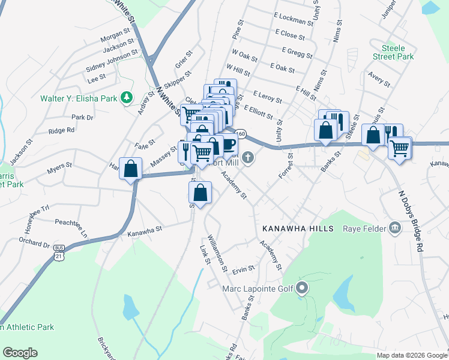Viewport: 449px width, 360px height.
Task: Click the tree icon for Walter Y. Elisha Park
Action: click(x=126, y=98)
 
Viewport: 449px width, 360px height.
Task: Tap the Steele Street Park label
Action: click(x=397, y=52)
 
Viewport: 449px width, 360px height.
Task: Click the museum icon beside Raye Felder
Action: click(x=395, y=227)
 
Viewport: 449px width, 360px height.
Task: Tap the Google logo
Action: click(x=20, y=353)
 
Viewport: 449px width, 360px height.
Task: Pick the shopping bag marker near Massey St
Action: click(x=130, y=169)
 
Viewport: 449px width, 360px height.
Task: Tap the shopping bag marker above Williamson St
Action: click(x=200, y=193)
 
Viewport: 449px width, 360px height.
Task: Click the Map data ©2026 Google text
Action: click(x=412, y=355)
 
